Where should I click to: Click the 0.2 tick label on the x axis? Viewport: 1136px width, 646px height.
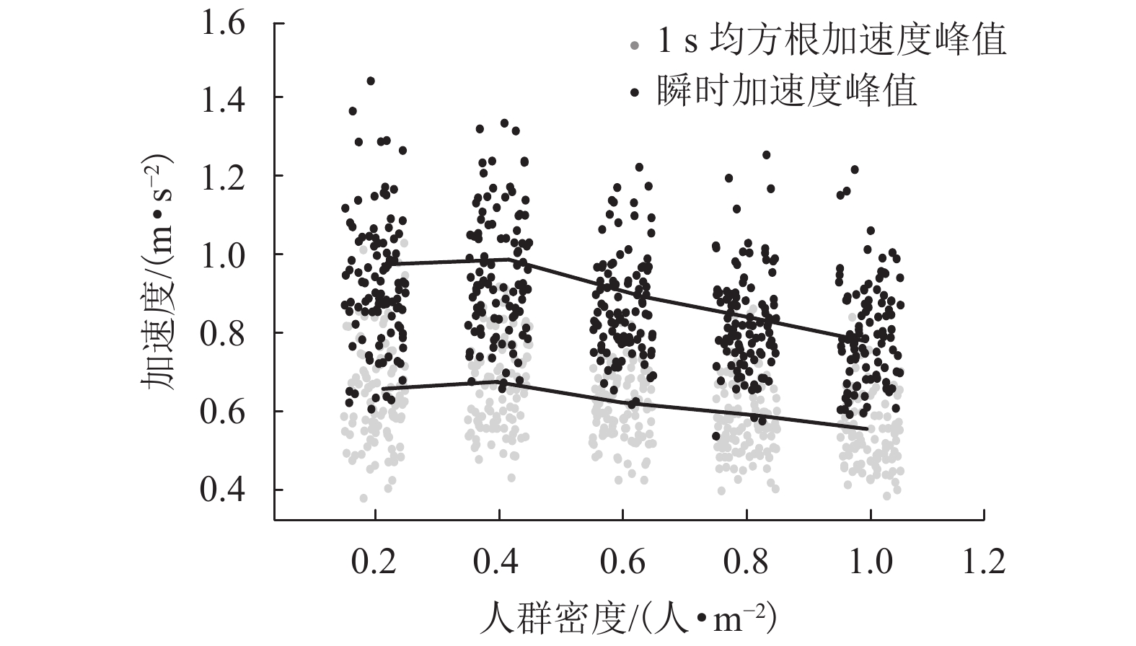(375, 562)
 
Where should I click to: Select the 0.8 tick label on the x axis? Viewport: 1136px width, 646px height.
(747, 562)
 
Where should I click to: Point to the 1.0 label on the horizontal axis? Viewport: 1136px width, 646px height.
(870, 562)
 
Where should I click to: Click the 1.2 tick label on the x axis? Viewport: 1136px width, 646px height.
(985, 562)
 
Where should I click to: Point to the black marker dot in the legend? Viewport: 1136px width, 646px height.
(633, 92)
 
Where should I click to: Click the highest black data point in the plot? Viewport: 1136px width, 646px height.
(371, 81)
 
